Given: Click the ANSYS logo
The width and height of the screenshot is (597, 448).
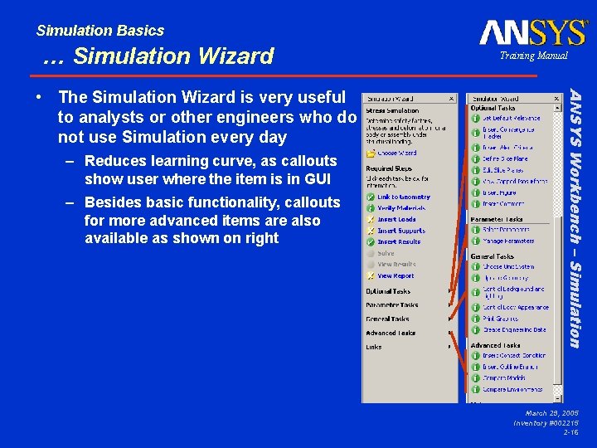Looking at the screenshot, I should pos(532,33).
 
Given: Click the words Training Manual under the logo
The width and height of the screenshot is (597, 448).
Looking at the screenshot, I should pos(533,56).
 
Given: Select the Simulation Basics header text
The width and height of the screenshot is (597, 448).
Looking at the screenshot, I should pos(99,31).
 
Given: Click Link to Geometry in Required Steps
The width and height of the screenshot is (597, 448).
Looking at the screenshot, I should pos(403,197).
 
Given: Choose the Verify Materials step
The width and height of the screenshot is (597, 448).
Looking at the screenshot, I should pos(401,208).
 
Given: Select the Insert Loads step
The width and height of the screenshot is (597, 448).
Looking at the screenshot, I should pos(396,220).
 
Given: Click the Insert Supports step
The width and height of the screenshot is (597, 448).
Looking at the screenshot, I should pos(400,231).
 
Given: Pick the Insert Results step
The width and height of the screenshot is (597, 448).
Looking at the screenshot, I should pos(399,242).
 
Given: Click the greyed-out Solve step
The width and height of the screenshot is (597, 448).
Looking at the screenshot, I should pos(386,253).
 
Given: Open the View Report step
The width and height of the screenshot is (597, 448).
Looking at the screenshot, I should pos(396,276).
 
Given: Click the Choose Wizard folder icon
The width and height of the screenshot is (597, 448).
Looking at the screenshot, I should pos(369,153).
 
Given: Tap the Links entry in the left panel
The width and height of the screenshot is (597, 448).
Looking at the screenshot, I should pos(374,347).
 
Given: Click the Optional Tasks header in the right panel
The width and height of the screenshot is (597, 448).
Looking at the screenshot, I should pos(494,108).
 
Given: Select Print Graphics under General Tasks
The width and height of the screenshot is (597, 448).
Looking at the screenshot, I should pos(501,319).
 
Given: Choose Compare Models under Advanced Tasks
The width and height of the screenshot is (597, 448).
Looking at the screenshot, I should pos(503,377).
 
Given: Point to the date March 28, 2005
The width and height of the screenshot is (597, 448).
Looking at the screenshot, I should pos(551,413).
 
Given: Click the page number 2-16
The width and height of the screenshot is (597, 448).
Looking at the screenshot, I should pos(570,433).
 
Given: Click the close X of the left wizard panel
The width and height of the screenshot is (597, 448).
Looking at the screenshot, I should pos(451,97).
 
